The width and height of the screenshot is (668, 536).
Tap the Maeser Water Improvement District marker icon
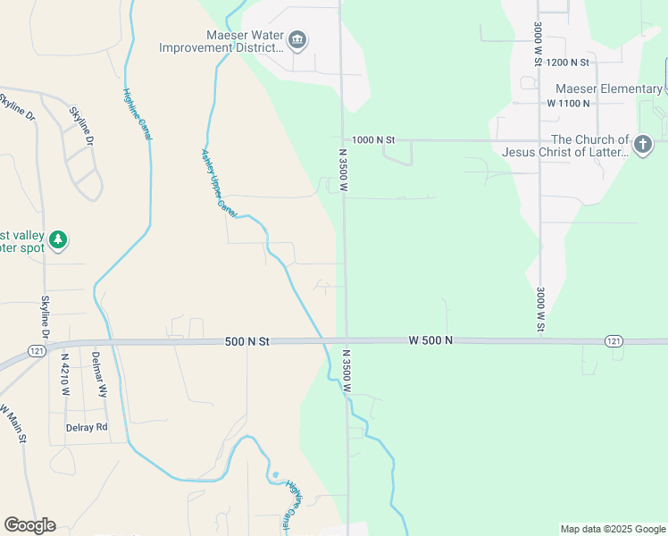point(297,40)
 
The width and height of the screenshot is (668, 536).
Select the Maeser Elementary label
point(608,88)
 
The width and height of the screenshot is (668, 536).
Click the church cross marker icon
point(641,144)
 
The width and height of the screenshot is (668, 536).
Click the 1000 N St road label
point(372,140)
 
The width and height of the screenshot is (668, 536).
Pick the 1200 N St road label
point(568,63)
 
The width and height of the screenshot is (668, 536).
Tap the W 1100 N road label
point(569,104)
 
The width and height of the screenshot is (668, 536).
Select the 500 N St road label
point(246,341)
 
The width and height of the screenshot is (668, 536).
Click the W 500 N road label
point(430,340)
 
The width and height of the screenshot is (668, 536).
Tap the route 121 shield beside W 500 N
point(613,341)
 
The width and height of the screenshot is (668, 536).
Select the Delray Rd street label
point(87,427)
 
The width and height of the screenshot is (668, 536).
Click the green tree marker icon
point(58,239)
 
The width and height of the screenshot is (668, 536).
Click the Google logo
point(29,525)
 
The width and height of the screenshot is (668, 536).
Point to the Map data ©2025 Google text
point(612,529)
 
